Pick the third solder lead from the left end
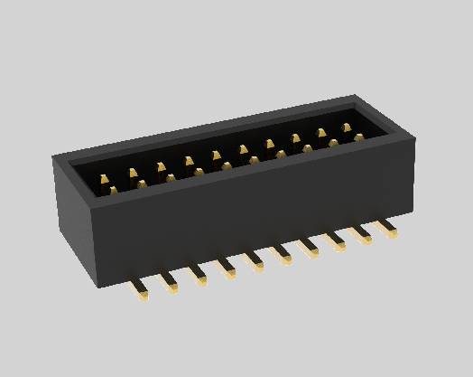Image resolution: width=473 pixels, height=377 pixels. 198,277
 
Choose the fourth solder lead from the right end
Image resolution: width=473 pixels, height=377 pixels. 310,250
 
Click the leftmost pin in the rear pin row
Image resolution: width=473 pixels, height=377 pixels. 105,180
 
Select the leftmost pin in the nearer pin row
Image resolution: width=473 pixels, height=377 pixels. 114,191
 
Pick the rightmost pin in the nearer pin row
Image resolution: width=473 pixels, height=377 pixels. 359,137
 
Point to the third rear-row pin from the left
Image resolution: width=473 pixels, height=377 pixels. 161,168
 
